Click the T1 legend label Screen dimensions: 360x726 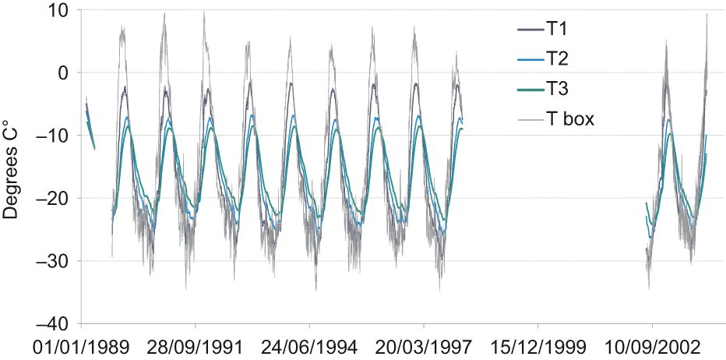coord(556,30)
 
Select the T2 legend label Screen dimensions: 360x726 coord(556,60)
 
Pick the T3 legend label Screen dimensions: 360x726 coord(556,90)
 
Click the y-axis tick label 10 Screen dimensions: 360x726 coord(57,11)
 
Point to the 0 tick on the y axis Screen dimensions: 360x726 coord(63,73)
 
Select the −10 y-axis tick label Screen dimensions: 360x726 coord(52,136)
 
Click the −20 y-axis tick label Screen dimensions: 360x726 coord(52,198)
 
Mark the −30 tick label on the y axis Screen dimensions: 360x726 coord(52,260)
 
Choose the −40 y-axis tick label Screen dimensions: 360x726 coord(52,323)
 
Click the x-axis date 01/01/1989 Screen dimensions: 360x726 coord(82,345)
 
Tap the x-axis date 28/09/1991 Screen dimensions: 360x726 coord(196,345)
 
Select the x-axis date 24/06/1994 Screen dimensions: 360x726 coord(310,345)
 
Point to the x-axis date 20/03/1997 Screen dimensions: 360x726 coord(424,345)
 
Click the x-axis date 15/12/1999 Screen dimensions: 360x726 coord(538,345)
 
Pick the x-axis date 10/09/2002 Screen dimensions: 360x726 coord(652,345)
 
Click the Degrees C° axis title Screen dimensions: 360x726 coord(12,168)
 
